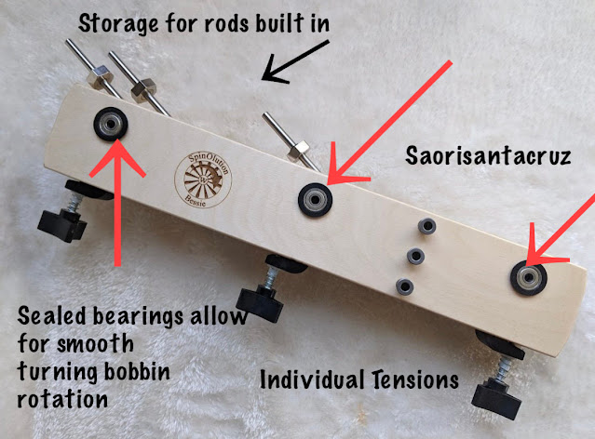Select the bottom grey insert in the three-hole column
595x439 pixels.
[x=403, y=285]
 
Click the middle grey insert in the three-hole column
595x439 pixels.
[x=415, y=255]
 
